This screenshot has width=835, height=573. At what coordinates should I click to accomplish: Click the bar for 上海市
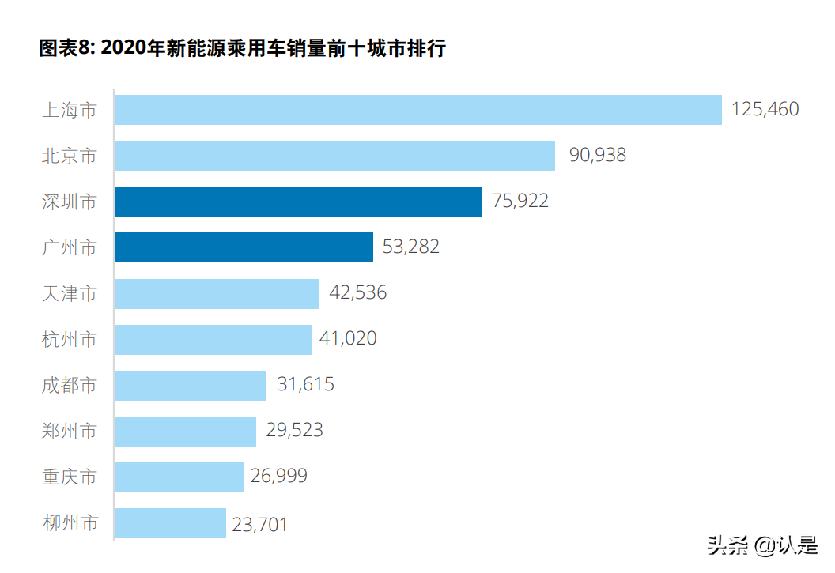417,110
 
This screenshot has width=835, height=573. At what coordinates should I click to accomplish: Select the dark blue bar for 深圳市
298,202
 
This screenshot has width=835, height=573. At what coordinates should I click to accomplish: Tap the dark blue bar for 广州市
244,247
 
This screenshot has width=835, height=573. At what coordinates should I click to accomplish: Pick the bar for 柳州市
170,523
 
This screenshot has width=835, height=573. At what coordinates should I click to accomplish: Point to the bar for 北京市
334,156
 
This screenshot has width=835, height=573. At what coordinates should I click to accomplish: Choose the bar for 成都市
190,386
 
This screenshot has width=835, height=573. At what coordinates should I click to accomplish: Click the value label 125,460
765,109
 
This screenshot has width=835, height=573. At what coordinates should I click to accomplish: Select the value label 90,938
597,155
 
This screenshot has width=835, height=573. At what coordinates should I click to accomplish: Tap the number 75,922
520,201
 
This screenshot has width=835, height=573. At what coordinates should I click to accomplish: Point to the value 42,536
357,293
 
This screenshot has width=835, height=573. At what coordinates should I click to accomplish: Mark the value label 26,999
278,477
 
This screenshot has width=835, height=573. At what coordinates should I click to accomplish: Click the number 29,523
294,431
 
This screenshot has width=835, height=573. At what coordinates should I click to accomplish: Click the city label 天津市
69,294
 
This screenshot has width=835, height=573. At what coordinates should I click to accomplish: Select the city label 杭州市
69,340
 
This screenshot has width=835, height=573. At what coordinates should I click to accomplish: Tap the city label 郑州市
69,432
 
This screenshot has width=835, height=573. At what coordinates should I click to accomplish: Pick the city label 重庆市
69,477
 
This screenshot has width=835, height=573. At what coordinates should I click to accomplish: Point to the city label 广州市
69,248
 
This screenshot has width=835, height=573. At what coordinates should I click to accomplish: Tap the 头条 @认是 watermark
762,545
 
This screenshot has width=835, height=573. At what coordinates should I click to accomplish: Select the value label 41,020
348,339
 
